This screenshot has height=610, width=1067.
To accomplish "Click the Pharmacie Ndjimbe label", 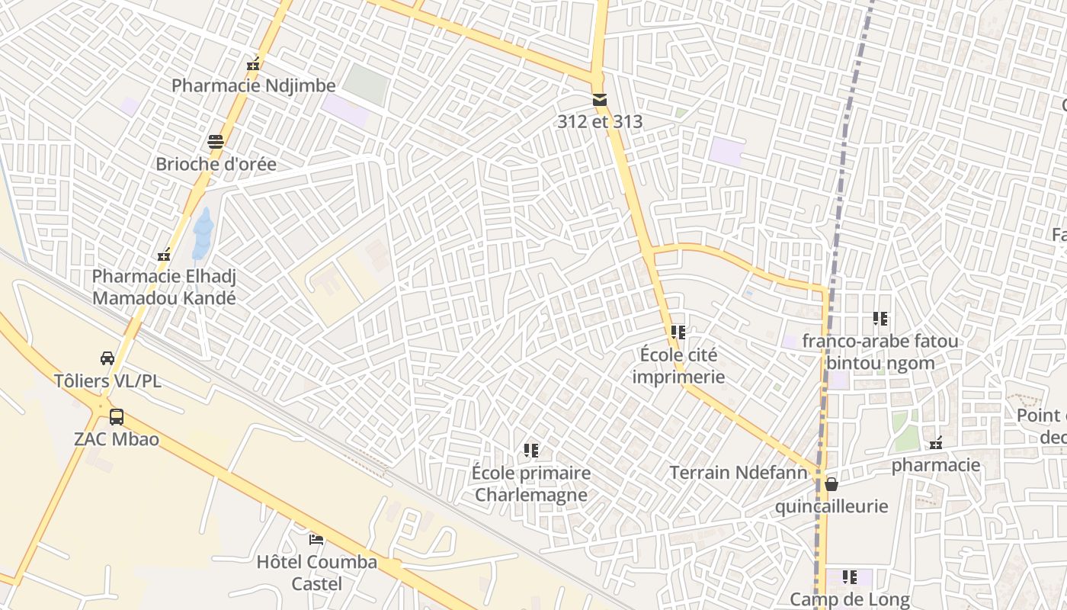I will click(253, 85).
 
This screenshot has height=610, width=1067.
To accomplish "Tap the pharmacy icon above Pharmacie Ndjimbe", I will click(253, 64).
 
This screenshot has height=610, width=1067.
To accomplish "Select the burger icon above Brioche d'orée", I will click(216, 142).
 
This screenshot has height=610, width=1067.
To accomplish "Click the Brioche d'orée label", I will click(216, 164).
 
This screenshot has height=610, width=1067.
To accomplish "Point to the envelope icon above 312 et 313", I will click(600, 100).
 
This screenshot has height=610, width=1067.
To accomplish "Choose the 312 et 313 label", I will click(600, 121).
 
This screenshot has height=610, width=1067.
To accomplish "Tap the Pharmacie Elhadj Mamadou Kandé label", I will click(164, 287).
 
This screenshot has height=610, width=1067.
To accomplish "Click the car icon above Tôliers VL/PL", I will click(107, 358).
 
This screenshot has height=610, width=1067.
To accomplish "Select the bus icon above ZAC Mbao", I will click(117, 417).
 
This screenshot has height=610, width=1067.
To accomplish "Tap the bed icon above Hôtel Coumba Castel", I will click(316, 540).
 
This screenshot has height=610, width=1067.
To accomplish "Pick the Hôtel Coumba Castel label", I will click(316, 573).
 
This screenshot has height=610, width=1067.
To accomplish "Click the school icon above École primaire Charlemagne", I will click(531, 451).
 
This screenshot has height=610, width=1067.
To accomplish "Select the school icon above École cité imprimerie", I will click(678, 332).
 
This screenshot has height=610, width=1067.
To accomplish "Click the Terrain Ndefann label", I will click(738, 473).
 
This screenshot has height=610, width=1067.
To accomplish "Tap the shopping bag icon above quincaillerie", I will click(831, 484).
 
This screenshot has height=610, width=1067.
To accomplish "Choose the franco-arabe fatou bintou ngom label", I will click(880, 352).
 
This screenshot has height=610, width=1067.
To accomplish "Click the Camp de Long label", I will click(849, 599).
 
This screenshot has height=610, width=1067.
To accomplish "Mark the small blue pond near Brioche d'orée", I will click(203, 233).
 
